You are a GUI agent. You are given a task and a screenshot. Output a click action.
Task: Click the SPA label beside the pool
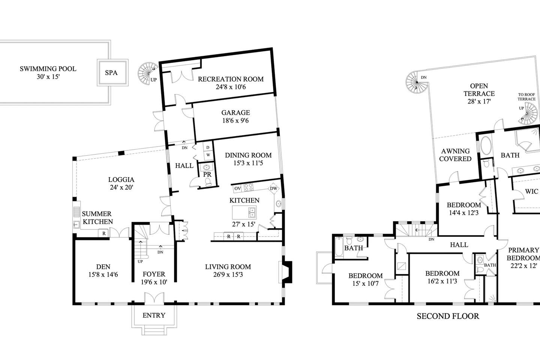(x=111, y=73)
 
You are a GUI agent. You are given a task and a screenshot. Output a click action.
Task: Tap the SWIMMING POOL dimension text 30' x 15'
(x=48, y=77)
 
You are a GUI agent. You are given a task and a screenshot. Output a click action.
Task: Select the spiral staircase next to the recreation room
(x=148, y=72)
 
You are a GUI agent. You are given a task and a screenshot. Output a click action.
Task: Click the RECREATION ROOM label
(x=231, y=79)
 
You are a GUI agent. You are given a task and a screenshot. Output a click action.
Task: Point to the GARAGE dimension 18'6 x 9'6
(x=235, y=121)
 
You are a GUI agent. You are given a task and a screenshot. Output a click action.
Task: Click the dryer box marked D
(x=208, y=147)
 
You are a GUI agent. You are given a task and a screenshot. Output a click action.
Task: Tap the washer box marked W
(x=208, y=155)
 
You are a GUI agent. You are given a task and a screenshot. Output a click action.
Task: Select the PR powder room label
(x=207, y=174)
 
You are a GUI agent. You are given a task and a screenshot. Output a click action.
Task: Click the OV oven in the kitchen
(x=237, y=189)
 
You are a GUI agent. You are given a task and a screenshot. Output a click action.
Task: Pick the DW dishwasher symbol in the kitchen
(x=273, y=188)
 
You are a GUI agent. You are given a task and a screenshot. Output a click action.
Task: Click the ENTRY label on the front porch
(x=154, y=315)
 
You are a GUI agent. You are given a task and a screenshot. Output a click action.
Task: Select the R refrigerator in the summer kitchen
(x=104, y=233)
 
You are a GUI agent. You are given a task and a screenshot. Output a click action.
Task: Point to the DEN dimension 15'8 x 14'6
(x=103, y=274)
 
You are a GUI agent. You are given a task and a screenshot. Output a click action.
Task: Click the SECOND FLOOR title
(x=448, y=316)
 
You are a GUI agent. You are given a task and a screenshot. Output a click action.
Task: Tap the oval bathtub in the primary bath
(x=486, y=146)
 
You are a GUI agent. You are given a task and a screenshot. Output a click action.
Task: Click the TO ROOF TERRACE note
(x=526, y=97)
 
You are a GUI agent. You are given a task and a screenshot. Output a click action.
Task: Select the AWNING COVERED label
(x=455, y=155)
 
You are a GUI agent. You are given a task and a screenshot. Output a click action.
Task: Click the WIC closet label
(x=532, y=191)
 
